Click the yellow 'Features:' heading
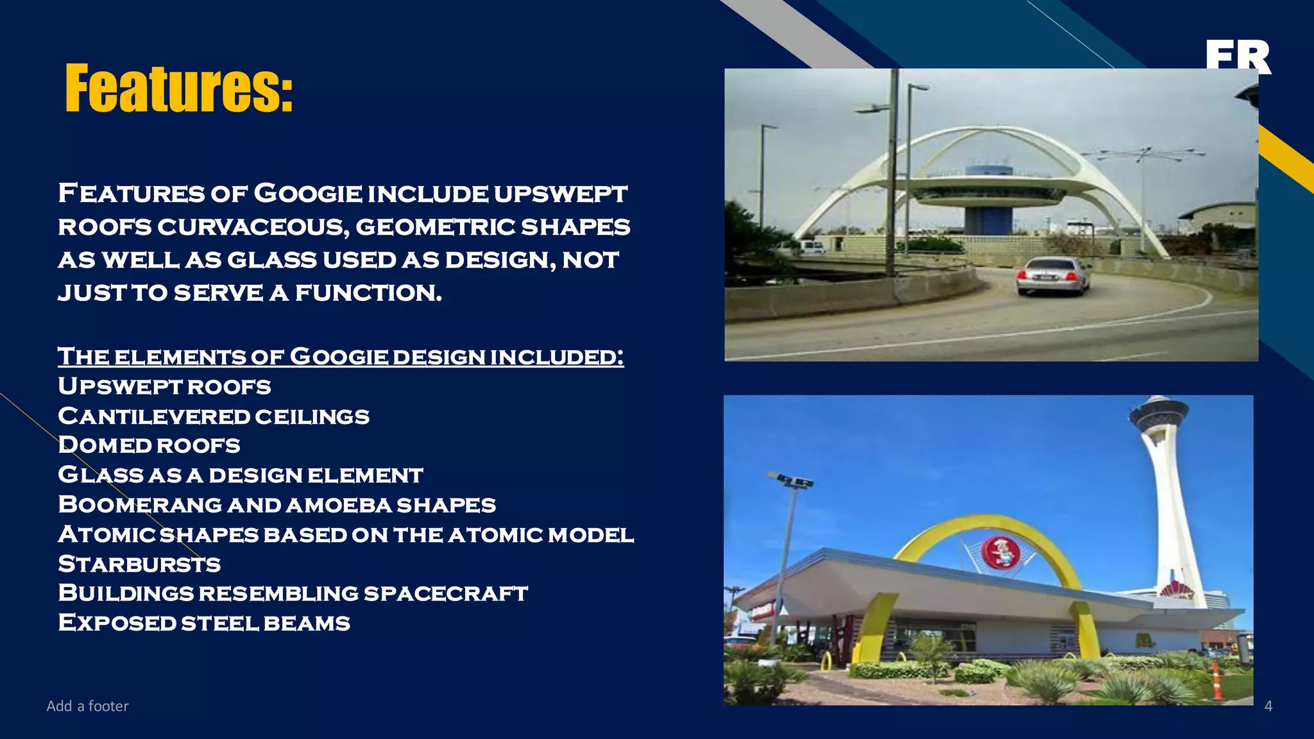point(179,88)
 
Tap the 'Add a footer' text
point(87,706)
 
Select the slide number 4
point(1268,706)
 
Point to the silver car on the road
point(1053,276)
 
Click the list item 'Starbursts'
point(139,564)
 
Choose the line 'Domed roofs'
point(149,445)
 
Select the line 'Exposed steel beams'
point(204,622)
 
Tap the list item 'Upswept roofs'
point(164,386)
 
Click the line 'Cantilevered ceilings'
point(214,416)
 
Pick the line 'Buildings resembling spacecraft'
point(293,593)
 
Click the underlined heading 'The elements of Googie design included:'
point(341,356)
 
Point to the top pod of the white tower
point(1158,411)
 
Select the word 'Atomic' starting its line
point(107,534)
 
